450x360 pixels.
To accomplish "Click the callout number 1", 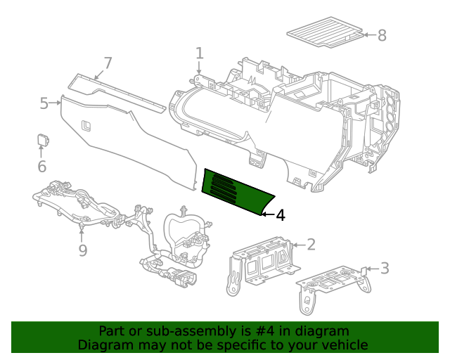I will [200, 53].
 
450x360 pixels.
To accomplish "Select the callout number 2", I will [311, 245].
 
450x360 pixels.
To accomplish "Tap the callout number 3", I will [385, 268].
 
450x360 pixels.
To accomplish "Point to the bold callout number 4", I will [281, 216].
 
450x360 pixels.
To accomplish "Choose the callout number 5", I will [44, 104].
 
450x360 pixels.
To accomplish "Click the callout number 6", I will [41, 167].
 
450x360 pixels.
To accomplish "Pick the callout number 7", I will [108, 63].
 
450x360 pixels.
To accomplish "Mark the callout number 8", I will [382, 35].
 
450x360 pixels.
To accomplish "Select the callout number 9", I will [82, 250].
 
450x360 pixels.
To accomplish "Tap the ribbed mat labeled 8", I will [325, 32].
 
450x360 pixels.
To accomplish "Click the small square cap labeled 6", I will [42, 139].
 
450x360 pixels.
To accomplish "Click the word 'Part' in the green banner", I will [112, 331].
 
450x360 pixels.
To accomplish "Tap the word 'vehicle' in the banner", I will [345, 345].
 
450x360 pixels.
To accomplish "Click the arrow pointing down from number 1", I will [200, 68].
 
